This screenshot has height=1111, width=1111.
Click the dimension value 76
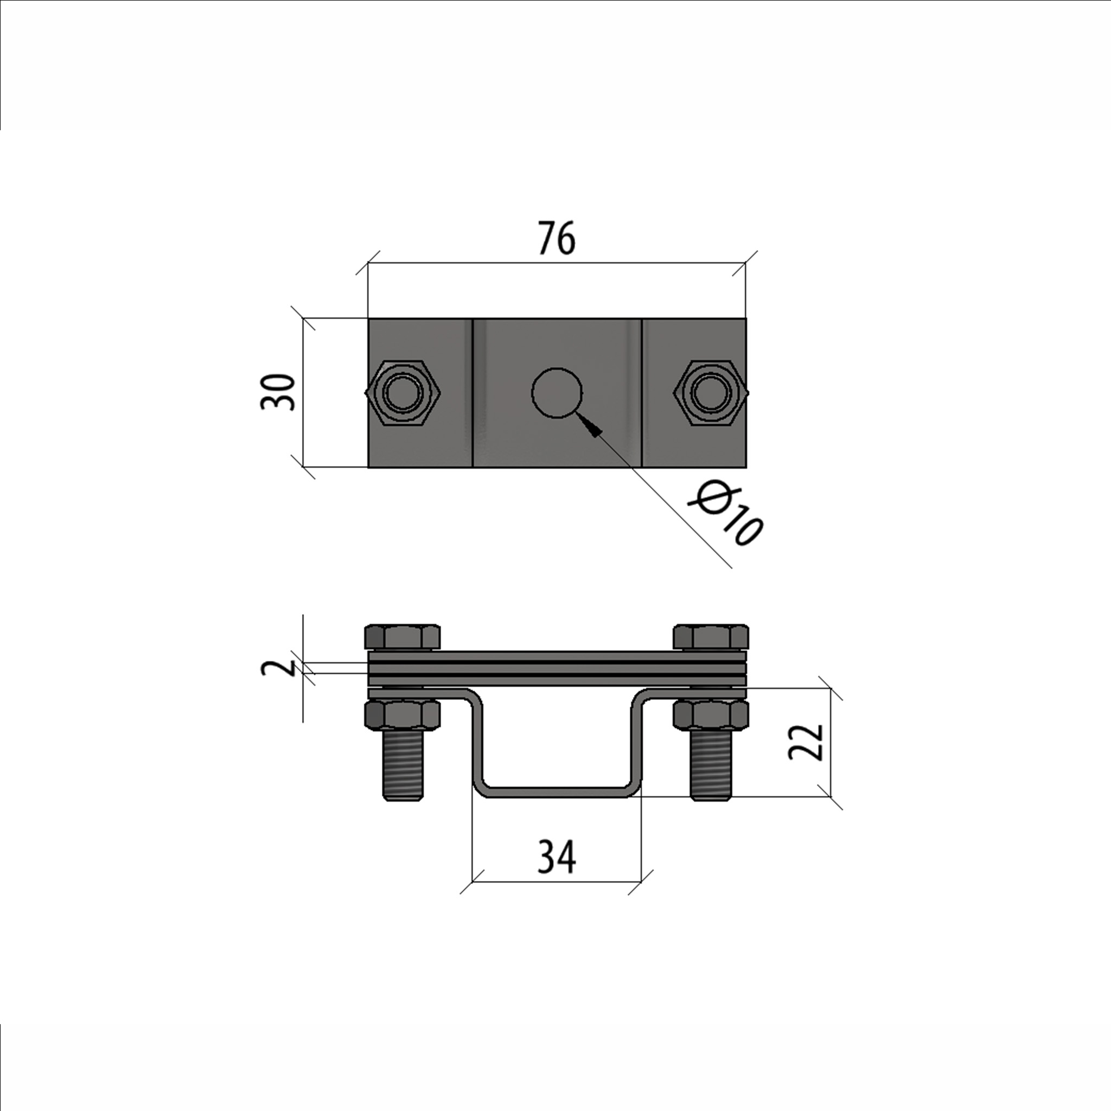click(x=557, y=238)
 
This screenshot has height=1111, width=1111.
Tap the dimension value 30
click(x=277, y=392)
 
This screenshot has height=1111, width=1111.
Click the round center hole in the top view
click(x=557, y=392)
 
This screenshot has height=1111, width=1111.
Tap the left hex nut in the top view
click(x=403, y=393)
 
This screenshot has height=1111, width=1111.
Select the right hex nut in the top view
click(x=711, y=393)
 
